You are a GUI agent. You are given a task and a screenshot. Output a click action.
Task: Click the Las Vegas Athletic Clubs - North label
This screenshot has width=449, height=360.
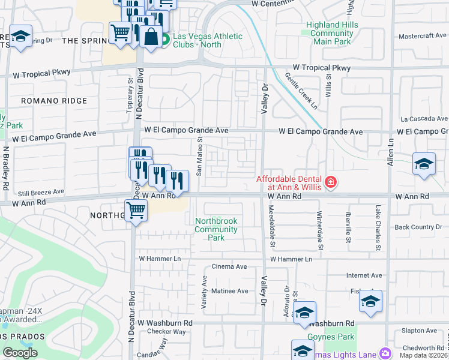[x=207, y=40]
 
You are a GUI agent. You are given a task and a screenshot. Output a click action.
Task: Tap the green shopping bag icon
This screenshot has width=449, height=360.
[x=164, y=40]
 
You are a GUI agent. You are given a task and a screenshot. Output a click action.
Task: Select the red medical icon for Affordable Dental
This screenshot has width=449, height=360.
[x=330, y=182]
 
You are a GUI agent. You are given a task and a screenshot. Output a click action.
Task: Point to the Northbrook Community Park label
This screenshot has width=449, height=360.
[x=216, y=229]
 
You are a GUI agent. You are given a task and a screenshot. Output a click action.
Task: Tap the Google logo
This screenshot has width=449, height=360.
[x=20, y=353]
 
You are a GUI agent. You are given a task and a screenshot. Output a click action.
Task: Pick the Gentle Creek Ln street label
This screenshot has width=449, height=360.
[x=301, y=91]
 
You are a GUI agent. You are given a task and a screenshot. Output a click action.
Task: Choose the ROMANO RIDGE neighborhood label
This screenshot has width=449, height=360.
[x=54, y=101]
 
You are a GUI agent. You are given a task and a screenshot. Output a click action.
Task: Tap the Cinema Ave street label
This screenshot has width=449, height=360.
[x=229, y=266]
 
